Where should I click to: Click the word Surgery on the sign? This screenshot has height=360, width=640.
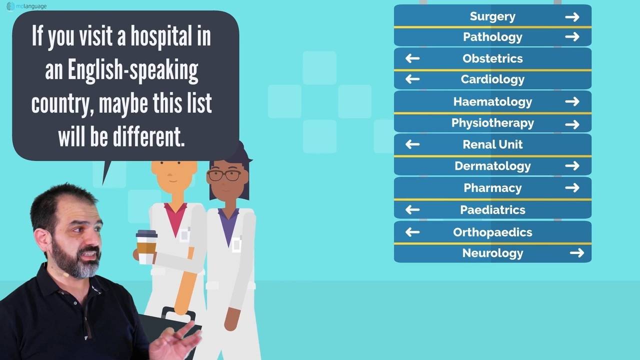[x=492, y=16]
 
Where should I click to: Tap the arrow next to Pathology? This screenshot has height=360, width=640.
[x=572, y=37]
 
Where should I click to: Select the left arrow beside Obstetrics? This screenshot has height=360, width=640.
[x=412, y=58]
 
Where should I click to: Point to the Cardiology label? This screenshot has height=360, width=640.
[x=492, y=79]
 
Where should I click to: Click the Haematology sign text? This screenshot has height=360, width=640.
[x=492, y=102]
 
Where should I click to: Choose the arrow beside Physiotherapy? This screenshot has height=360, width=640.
[x=572, y=124]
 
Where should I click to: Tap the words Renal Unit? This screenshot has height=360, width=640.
[x=492, y=144]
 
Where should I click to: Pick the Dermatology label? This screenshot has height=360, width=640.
[x=492, y=166]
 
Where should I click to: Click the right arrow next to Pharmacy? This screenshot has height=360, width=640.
[x=572, y=188]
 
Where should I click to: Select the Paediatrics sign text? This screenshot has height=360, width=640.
[x=492, y=210]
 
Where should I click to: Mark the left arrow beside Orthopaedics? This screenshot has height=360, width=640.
[x=412, y=232]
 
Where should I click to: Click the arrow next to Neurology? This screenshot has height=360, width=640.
[x=576, y=253]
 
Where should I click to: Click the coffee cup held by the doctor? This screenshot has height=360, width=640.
[x=146, y=246]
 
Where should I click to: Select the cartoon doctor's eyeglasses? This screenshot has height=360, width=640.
[x=224, y=175]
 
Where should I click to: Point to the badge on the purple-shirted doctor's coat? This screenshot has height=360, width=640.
[x=236, y=244]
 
